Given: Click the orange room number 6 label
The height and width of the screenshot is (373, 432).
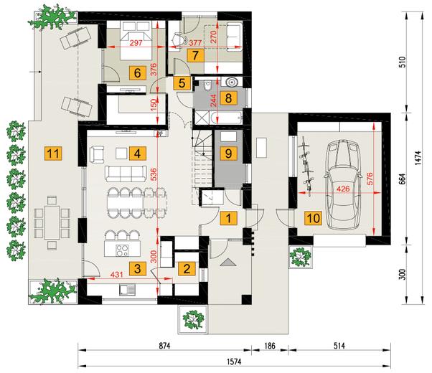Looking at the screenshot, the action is tap(138, 73).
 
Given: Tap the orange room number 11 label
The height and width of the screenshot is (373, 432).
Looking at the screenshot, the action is tap(53, 154).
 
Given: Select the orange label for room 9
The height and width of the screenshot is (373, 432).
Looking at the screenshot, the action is tap(228, 154).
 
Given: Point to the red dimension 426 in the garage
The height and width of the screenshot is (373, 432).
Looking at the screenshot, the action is tap(343, 189).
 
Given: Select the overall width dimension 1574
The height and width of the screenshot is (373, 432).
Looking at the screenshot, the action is tap(234, 362).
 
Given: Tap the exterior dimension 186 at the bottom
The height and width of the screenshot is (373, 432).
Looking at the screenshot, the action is tap(270, 346).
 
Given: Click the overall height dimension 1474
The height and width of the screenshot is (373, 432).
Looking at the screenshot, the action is tap(418, 158).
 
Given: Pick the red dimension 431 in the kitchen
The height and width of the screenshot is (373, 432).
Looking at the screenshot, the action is tap(116, 275).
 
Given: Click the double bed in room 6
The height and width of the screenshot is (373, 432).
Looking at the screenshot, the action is tap(136, 41).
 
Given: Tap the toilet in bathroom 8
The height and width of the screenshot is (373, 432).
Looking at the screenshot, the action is tap(207, 85).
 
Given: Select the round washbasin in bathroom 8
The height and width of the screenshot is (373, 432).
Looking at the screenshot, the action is tap(231, 82).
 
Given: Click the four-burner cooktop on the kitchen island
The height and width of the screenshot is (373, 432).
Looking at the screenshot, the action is tap(122, 250).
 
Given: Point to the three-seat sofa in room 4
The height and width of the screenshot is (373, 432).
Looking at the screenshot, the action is tap(126, 174).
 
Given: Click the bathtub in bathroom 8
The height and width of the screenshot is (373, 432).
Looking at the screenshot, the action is tap(227, 118).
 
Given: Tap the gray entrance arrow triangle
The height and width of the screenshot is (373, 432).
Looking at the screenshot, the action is tap(228, 263).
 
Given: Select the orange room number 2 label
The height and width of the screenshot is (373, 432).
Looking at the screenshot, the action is tap(187, 268).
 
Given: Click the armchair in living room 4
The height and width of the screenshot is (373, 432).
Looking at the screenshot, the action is tap(97, 154).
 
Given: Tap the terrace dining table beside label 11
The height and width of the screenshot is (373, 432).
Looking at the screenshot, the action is tap(52, 222).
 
